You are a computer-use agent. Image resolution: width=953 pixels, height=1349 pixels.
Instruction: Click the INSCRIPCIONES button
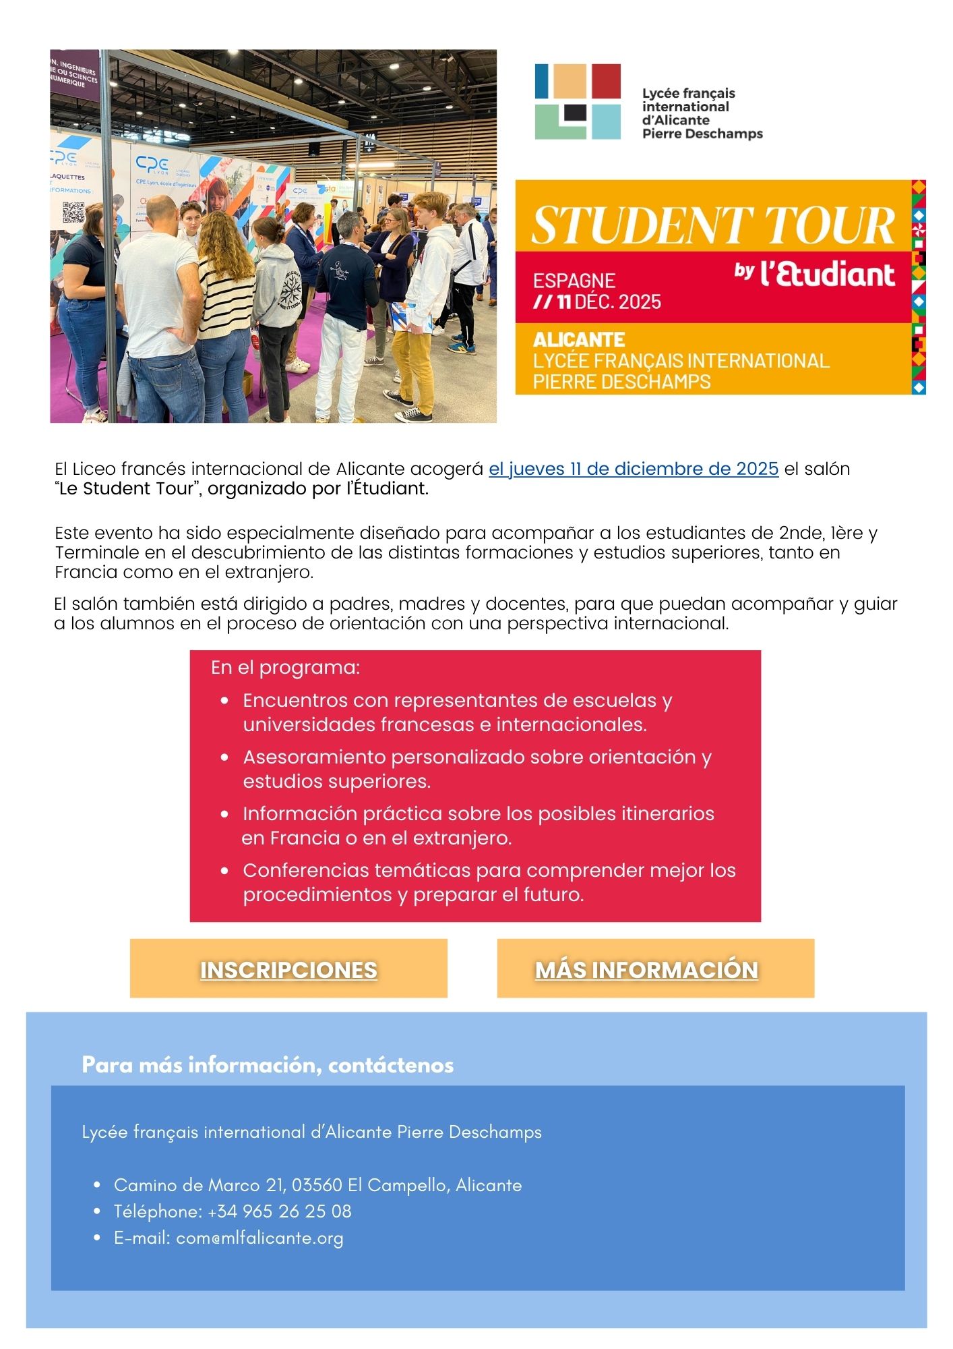pyautogui.click(x=288, y=969)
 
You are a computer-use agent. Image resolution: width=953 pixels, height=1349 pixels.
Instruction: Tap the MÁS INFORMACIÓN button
pyautogui.click(x=646, y=969)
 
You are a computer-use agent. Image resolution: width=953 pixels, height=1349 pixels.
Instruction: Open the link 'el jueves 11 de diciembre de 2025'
pyautogui.click(x=634, y=469)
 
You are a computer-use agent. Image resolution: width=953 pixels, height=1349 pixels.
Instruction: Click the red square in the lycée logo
pyautogui.click(x=606, y=80)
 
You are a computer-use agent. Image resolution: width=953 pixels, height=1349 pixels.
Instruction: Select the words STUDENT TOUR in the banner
pyautogui.click(x=712, y=225)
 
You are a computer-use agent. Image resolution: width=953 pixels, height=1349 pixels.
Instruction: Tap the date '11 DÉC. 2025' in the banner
pyautogui.click(x=609, y=302)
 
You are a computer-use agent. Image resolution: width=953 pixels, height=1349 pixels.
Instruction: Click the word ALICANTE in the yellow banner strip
pyautogui.click(x=579, y=339)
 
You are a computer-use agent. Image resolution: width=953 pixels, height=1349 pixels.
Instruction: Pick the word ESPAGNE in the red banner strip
pyautogui.click(x=574, y=281)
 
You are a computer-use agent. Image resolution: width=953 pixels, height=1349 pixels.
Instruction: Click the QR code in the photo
pyautogui.click(x=73, y=212)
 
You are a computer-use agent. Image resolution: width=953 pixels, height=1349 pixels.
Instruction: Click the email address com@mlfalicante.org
pyautogui.click(x=259, y=1238)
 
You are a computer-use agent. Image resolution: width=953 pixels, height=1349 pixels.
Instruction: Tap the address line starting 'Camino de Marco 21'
pyautogui.click(x=317, y=1185)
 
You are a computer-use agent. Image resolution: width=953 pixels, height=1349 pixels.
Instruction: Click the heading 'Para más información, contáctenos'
pyautogui.click(x=268, y=1065)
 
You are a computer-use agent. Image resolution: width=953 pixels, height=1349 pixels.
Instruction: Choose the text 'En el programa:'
pyautogui.click(x=286, y=668)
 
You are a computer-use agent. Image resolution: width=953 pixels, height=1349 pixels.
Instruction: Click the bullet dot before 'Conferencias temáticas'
pyautogui.click(x=225, y=871)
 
